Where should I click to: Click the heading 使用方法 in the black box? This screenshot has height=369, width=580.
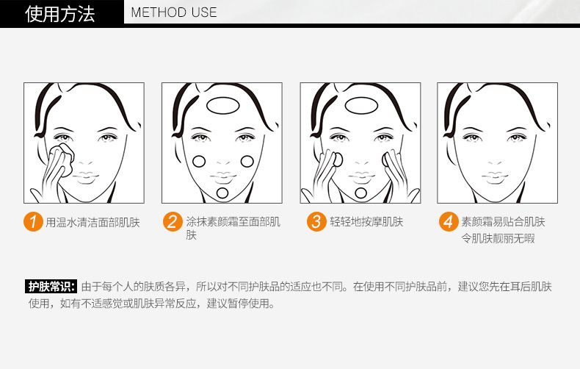[x=60, y=12]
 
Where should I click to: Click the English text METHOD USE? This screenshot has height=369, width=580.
[x=174, y=12]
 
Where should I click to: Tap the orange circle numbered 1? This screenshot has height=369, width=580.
[x=32, y=221]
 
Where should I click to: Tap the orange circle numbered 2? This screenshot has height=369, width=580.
[x=171, y=221]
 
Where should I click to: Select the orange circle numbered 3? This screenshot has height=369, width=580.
[x=316, y=221]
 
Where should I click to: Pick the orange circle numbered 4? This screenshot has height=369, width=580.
[x=449, y=221]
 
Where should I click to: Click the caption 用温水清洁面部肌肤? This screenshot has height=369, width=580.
[x=93, y=222]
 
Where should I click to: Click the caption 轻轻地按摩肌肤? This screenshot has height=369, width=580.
[x=366, y=222]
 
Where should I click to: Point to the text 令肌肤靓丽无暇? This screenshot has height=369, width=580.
[x=497, y=239]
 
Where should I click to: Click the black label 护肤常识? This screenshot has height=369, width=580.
[x=51, y=286]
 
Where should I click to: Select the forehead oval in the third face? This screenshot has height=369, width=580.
[x=360, y=105]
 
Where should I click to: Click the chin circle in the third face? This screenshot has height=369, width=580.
[x=360, y=193]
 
